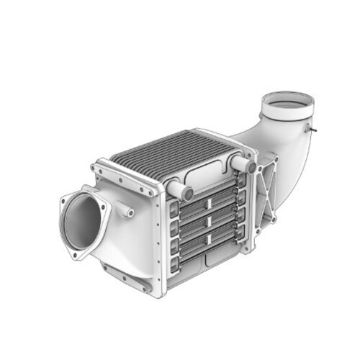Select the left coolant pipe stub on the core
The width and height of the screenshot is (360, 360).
click(x=180, y=191)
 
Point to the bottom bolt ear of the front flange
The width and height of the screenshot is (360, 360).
click(x=77, y=254)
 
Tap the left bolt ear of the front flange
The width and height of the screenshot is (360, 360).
click(x=63, y=202)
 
